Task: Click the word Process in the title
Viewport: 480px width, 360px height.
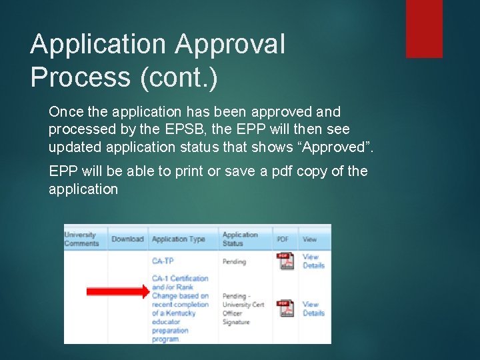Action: coord(81,78)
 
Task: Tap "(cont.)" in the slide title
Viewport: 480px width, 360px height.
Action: coord(179,78)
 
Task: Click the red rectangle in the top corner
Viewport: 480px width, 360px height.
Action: coord(424,28)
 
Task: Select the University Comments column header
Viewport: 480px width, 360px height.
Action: coord(81,239)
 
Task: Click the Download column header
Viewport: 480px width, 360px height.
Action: coord(127,239)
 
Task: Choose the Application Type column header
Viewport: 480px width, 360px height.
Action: coord(179,239)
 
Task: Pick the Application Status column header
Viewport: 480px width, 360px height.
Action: coord(240,239)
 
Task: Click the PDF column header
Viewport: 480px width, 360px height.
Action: coord(283,239)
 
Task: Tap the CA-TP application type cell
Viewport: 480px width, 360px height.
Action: coord(163,261)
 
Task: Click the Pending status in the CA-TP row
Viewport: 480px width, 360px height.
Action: coord(234,261)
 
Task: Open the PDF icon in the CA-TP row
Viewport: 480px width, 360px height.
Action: coord(286,261)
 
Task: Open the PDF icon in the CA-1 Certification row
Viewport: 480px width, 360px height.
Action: coord(286,309)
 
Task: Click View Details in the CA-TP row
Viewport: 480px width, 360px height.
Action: coord(313,261)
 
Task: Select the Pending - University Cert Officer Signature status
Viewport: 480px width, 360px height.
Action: coord(243,309)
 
